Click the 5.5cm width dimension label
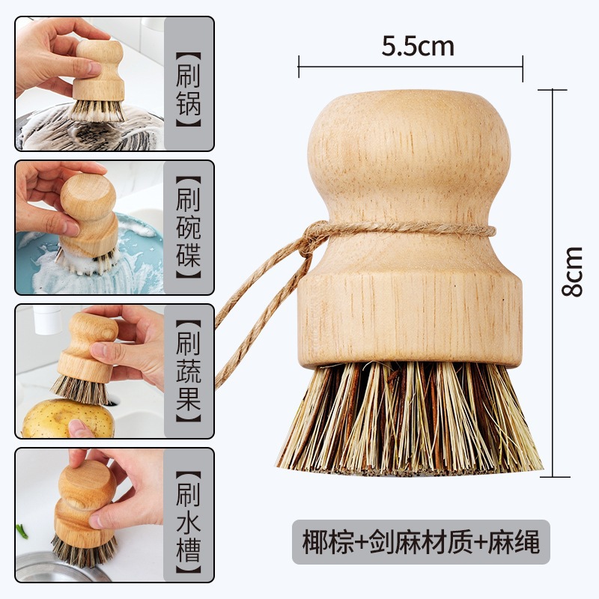[x=417, y=47]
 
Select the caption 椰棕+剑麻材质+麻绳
[x=421, y=541]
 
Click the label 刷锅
[x=189, y=85]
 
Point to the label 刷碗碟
[x=189, y=228]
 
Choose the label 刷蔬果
[x=189, y=371]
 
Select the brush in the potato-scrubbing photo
[x=84, y=359]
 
